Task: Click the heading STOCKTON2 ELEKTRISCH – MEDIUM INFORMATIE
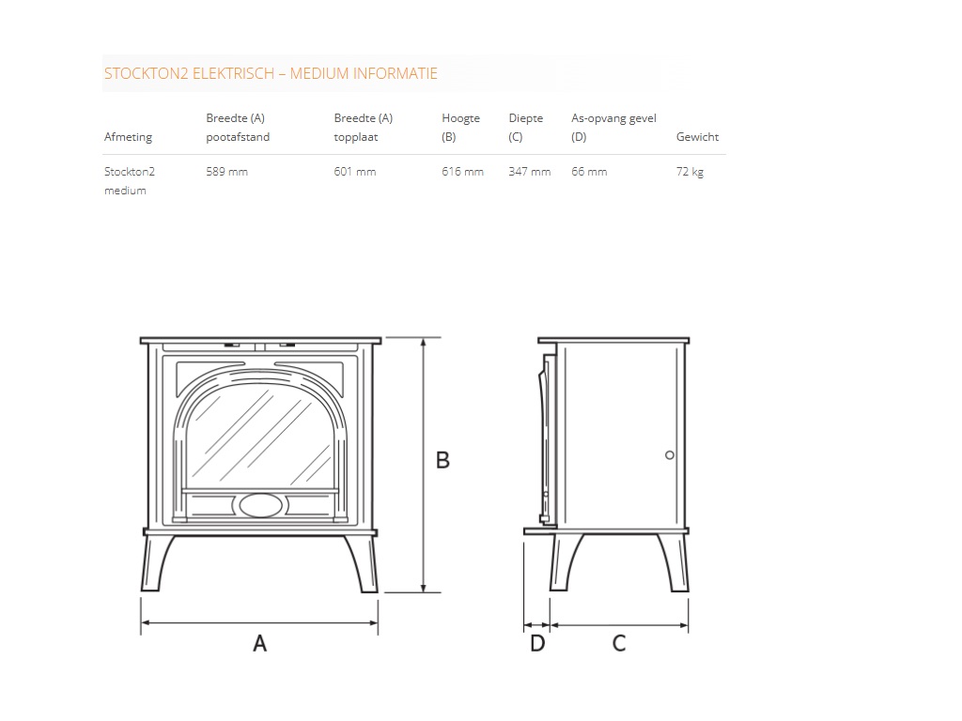(x=271, y=73)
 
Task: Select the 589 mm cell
(x=226, y=172)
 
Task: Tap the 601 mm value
(x=354, y=172)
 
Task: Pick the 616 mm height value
(x=462, y=172)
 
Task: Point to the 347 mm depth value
(x=529, y=172)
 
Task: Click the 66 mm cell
(x=589, y=172)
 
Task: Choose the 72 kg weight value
(x=690, y=172)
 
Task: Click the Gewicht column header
(x=697, y=137)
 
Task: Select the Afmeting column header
(x=128, y=137)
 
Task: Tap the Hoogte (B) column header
(x=460, y=128)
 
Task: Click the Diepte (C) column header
(x=525, y=128)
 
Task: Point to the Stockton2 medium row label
(x=129, y=181)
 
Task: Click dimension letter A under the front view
(x=260, y=644)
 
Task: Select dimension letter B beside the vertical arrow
(x=442, y=461)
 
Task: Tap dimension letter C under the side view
(x=619, y=644)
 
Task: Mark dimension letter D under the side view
(x=537, y=644)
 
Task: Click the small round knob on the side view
(x=669, y=454)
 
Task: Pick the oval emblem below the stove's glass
(x=259, y=505)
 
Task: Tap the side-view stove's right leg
(x=676, y=563)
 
